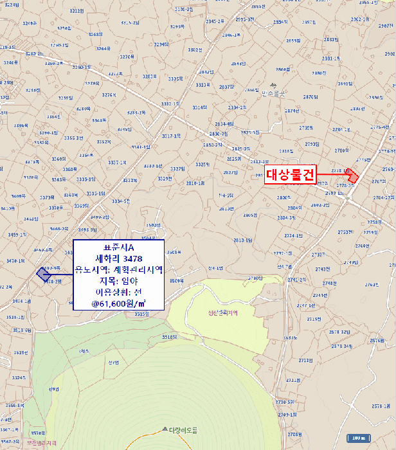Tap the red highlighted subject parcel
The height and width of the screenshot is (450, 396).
tap(352, 176)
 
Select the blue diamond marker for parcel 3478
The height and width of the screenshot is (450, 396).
tap(42, 274)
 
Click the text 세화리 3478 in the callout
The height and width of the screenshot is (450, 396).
tap(118, 258)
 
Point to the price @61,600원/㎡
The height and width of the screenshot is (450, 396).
tap(118, 302)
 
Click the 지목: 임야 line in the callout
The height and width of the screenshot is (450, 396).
tap(118, 280)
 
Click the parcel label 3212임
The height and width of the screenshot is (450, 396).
tap(76, 11)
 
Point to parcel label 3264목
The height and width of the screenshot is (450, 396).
tap(103, 48)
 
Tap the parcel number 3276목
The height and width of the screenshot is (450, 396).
tap(109, 95)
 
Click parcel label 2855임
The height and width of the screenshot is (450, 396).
tap(293, 40)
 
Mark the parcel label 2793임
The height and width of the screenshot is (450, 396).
tap(312, 144)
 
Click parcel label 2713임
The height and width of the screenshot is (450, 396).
tap(305, 360)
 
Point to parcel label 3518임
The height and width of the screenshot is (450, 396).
tap(169, 336)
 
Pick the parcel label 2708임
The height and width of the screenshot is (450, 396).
tap(294, 435)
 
